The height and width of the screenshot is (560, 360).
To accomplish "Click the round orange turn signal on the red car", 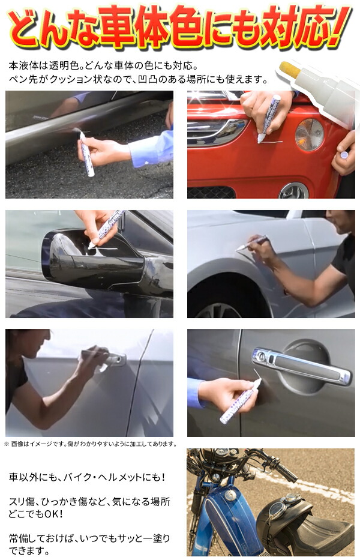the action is coord(309,134).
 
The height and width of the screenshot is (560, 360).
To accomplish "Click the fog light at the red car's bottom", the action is coord(293,190).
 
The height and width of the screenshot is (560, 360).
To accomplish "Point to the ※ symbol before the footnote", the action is coord(7,444).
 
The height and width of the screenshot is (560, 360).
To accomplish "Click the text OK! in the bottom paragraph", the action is coord(52,514).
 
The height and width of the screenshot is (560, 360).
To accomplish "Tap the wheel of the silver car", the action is coord(218,310).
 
